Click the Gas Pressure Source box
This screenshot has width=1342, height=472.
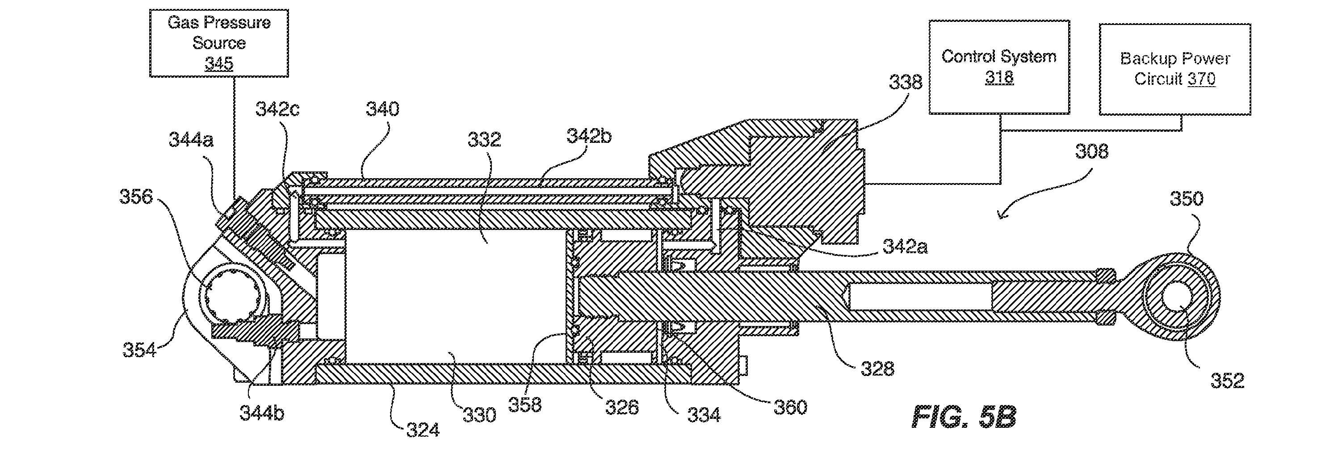tap(219, 43)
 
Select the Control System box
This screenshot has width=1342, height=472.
tap(999, 67)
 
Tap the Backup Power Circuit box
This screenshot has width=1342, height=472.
tap(1175, 69)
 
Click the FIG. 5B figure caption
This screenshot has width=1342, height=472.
tap(964, 417)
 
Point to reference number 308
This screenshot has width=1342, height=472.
tap(1092, 151)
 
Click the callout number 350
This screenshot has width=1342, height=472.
tap(1187, 198)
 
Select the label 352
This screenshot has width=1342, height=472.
tap(1227, 381)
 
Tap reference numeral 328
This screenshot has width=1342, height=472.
tap(877, 369)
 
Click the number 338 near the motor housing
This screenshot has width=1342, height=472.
tap(906, 82)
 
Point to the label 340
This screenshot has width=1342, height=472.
tap(382, 109)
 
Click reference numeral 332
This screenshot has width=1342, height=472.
tap(485, 140)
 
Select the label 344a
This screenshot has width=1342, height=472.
tap(191, 140)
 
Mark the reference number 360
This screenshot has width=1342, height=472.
tap(790, 407)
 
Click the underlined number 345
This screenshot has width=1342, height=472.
tap(219, 63)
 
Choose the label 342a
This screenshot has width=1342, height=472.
tap(906, 246)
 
